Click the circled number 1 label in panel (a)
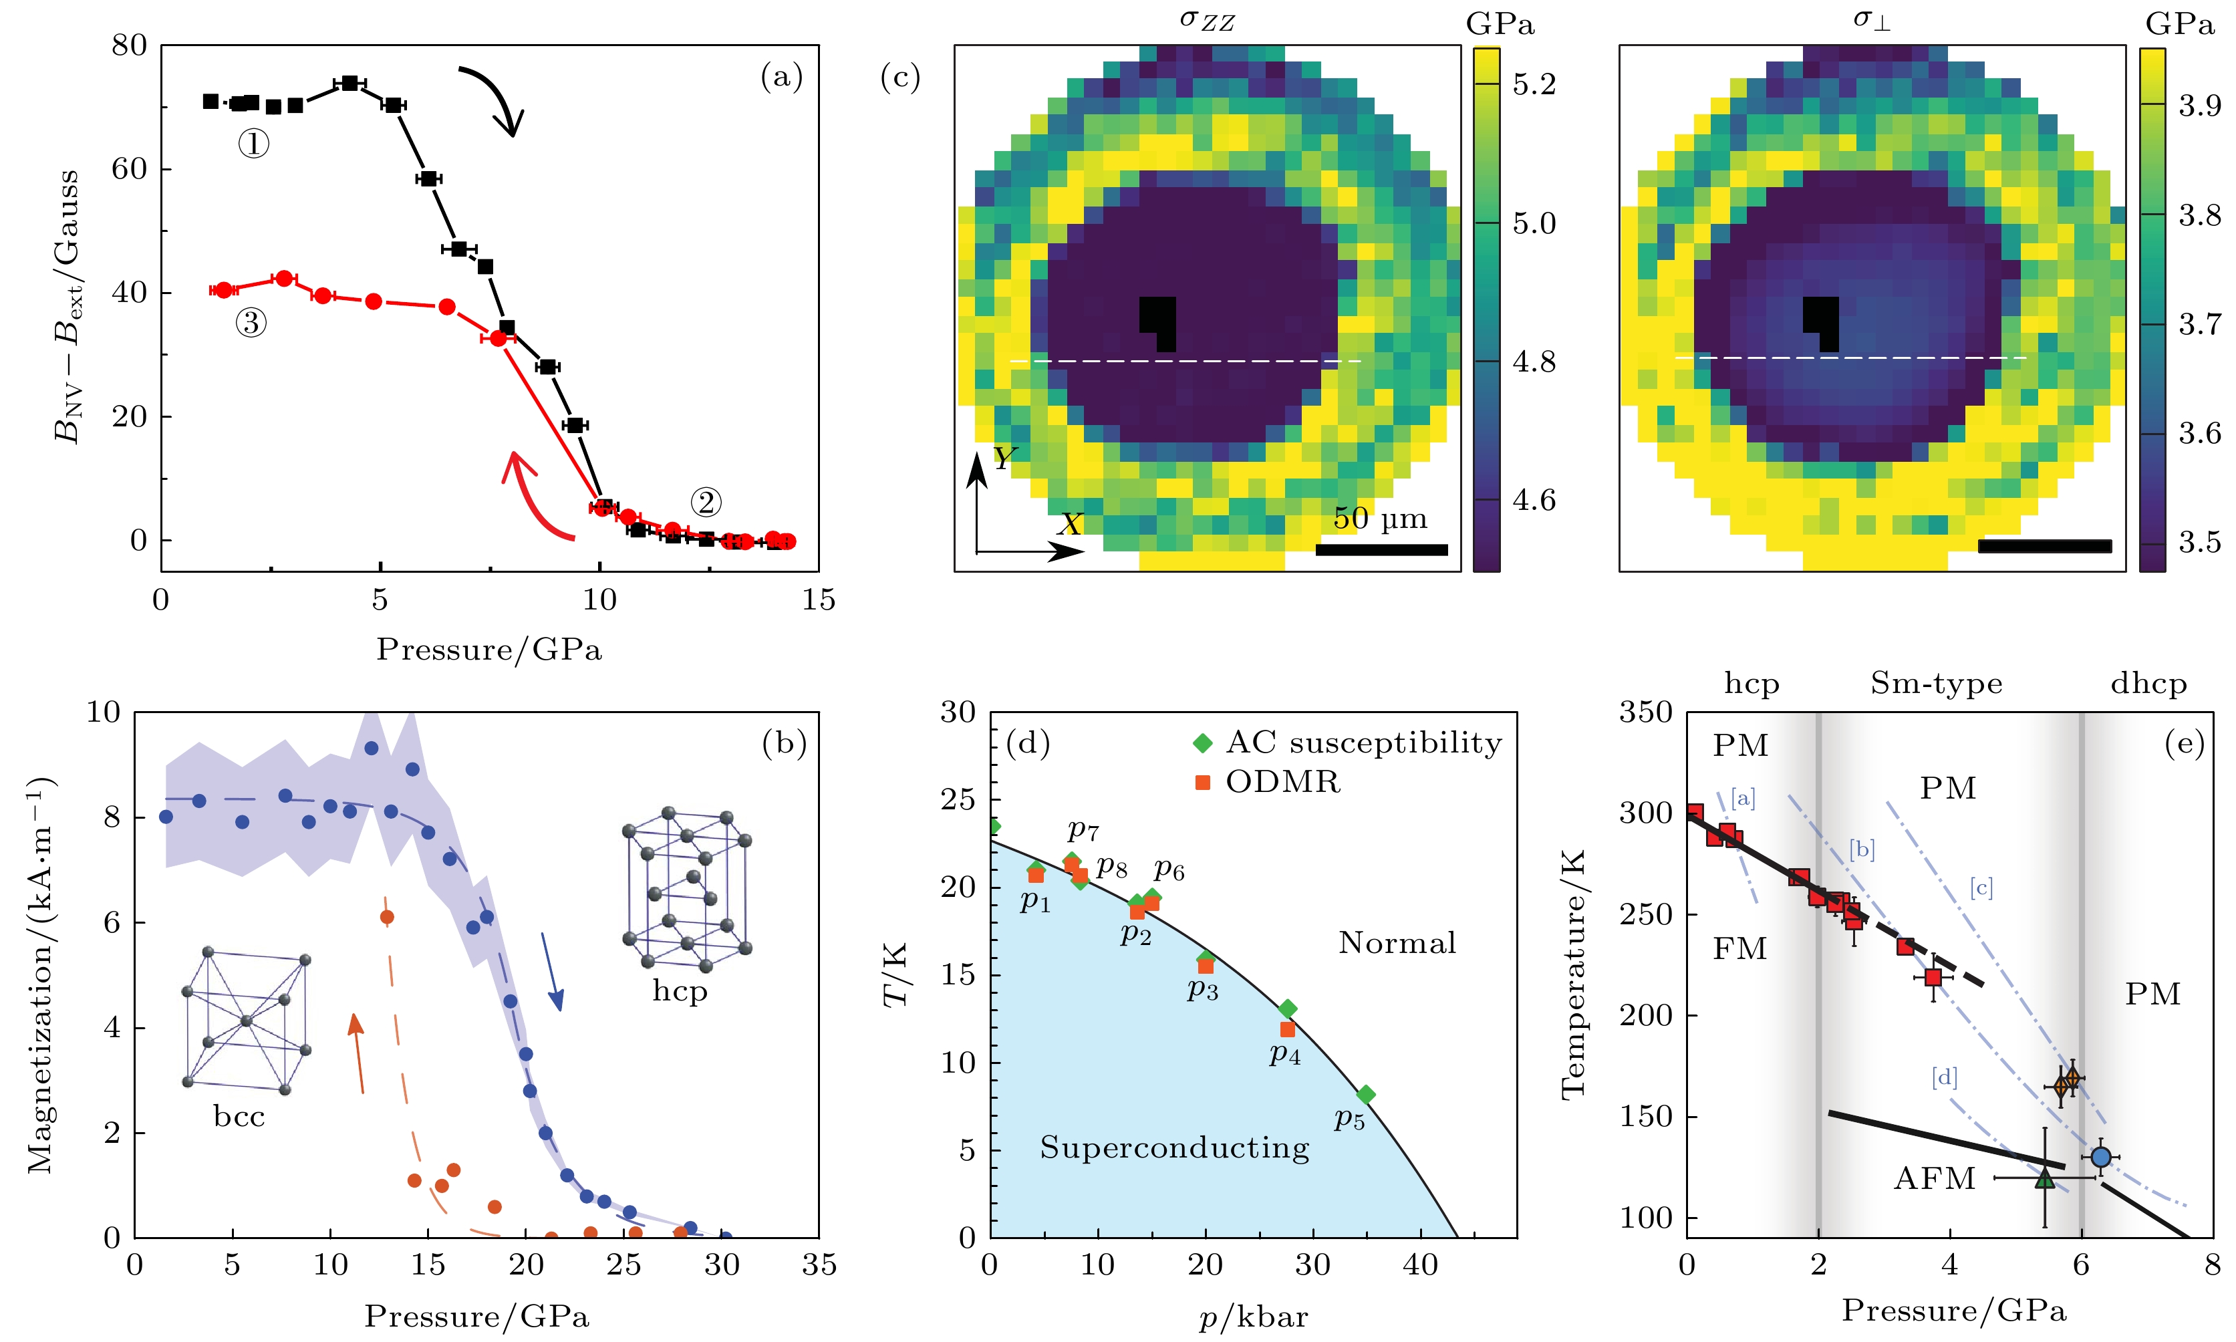[x=253, y=143]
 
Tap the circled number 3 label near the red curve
[x=251, y=323]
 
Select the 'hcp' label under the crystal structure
[x=679, y=991]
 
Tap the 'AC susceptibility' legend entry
[x=1363, y=743]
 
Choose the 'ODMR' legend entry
[x=1282, y=781]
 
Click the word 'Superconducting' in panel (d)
[x=1173, y=1148]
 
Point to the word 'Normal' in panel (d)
[x=1397, y=943]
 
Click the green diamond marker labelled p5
[x=1365, y=1095]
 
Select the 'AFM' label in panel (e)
[x=1934, y=1178]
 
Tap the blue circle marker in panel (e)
[x=2100, y=1157]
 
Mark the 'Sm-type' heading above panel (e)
[x=1936, y=683]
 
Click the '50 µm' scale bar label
[x=1380, y=519]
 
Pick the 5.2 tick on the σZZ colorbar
[x=1534, y=84]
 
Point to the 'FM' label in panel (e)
[x=1739, y=948]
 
